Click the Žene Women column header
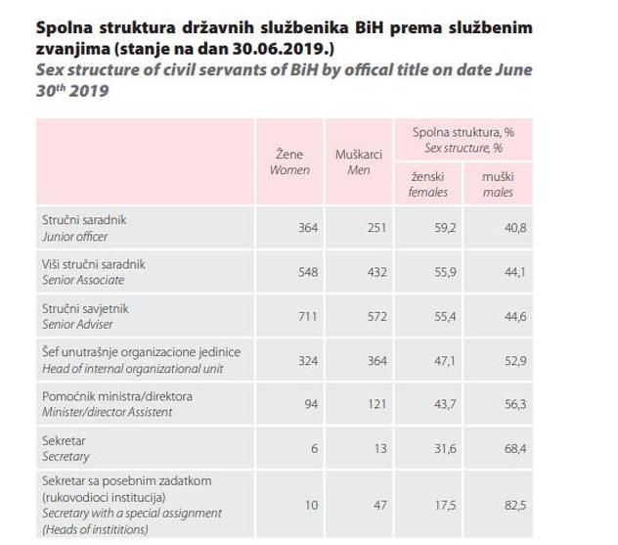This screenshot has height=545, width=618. tap(288, 162)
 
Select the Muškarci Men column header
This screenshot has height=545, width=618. tap(358, 162)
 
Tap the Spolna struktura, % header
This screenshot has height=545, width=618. tap(463, 139)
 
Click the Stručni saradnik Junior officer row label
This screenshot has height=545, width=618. tap(83, 228)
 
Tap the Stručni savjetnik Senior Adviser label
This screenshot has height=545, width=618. tap(86, 316)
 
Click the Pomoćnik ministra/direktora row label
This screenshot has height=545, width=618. tap(116, 403)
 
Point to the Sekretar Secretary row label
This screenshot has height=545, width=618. tap(65, 448)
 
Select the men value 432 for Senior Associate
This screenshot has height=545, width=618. tap(376, 272)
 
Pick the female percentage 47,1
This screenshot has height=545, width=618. tap(444, 360)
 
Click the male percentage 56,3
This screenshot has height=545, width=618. tap(514, 404)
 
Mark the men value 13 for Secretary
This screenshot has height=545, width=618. tap(381, 448)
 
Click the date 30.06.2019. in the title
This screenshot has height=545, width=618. tap(276, 48)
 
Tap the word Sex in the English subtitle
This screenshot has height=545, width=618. tap(49, 71)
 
